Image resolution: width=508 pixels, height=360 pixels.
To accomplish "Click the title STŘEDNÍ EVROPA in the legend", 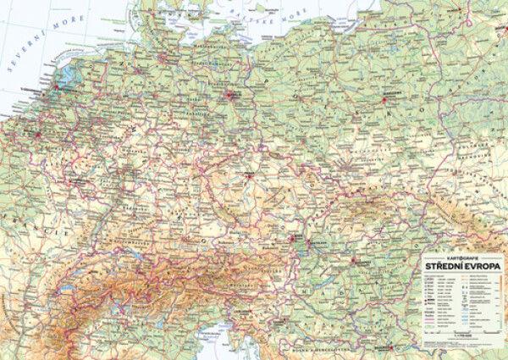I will [461, 266].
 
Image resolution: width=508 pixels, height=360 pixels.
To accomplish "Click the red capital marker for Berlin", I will [230, 97].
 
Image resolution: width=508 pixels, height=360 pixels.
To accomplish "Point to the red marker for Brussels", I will [39, 133].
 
